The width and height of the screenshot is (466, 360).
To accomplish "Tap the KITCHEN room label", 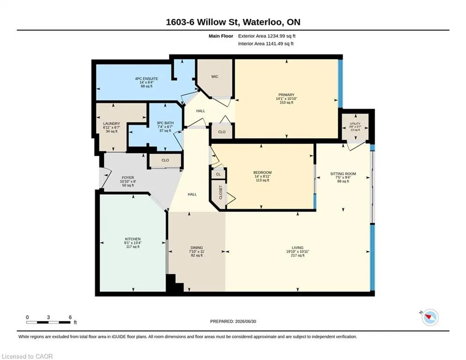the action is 133,239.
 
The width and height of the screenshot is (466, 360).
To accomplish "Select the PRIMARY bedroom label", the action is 287,95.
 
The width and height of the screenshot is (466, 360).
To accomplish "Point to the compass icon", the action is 430,317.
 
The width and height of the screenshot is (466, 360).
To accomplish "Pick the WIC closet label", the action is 215,76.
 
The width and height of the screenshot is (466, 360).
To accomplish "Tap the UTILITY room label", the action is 355,123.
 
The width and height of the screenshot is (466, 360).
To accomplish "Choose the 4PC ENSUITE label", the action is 147,79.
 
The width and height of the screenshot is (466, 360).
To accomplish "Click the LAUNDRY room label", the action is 111,123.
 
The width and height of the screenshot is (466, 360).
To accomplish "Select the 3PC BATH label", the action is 165,123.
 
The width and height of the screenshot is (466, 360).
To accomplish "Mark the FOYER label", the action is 128,178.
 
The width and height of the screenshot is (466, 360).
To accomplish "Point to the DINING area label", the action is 197,247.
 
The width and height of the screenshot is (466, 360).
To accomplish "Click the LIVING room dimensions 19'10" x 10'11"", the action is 297,251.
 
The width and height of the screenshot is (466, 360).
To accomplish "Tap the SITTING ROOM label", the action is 343,174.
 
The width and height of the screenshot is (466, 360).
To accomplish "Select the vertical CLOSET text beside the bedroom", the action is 221,193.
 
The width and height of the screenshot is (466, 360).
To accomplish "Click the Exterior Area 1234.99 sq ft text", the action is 266,36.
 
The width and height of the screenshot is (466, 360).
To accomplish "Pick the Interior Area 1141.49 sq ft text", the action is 266,44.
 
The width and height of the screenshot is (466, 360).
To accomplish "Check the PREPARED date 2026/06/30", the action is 233,321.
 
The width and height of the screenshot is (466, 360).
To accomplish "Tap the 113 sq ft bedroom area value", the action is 262,180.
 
